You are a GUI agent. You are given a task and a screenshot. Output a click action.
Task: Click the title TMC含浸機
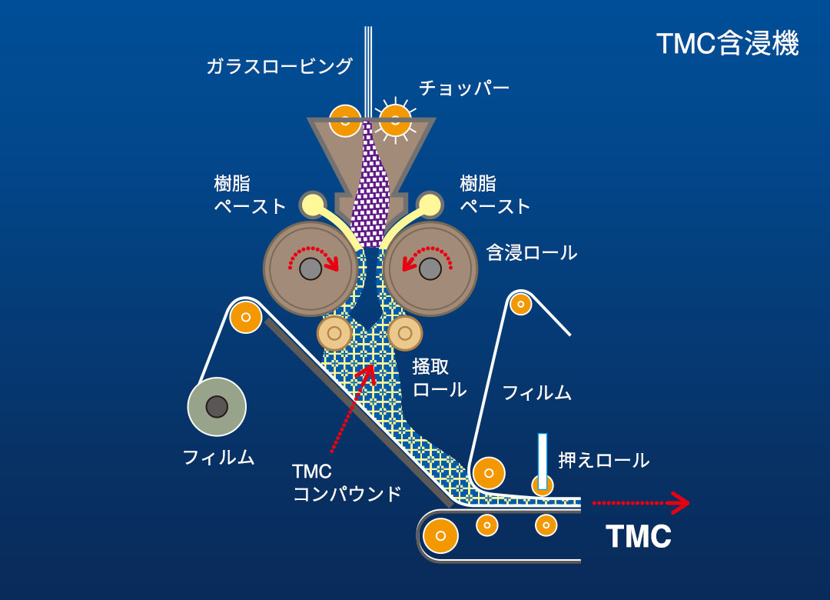pos(727,44)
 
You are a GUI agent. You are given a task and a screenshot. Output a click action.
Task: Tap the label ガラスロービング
pos(279,65)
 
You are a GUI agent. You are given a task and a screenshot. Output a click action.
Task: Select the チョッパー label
pos(464,88)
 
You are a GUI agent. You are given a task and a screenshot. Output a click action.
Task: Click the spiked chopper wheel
pos(395,120)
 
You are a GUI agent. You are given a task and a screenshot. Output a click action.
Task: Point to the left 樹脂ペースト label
pos(249,195)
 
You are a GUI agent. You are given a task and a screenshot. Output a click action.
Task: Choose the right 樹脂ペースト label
pos(494,195)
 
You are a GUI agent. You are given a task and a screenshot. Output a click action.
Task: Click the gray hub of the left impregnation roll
pos(310,268)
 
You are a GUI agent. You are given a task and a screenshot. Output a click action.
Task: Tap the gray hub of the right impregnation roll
pos(430,268)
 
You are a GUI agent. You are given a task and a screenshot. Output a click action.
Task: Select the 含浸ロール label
pos(532,252)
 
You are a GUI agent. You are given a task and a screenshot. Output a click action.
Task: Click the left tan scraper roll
pos(334,333)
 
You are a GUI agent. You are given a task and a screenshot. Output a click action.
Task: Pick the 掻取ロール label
pos(439,378)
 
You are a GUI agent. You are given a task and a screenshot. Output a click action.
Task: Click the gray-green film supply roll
pos(217,407)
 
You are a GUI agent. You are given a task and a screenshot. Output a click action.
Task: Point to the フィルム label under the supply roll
pos(218,457)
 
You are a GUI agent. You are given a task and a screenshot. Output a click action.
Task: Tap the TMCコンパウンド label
pos(347,482)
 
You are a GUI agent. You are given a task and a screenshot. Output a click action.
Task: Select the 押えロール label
pos(603,459)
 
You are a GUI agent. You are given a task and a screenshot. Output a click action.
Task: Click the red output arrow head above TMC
pos(681,503)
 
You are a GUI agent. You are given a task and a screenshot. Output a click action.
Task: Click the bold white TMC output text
pos(639,536)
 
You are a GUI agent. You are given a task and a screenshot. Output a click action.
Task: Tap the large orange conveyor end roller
pos(440,536)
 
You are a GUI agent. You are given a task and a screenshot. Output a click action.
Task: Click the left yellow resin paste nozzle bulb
pos(313,205)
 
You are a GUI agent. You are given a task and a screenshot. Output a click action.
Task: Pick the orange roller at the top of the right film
pos(521,305)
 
